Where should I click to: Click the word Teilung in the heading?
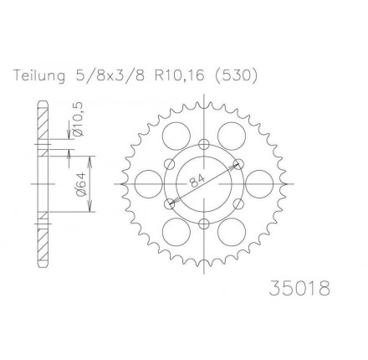tap(39, 76)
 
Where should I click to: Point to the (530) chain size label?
tap(236, 76)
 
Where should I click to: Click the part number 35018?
tap(299, 288)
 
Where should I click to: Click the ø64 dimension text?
tap(80, 184)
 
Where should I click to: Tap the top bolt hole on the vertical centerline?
tap(204, 145)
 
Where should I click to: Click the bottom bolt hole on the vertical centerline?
tap(204, 223)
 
